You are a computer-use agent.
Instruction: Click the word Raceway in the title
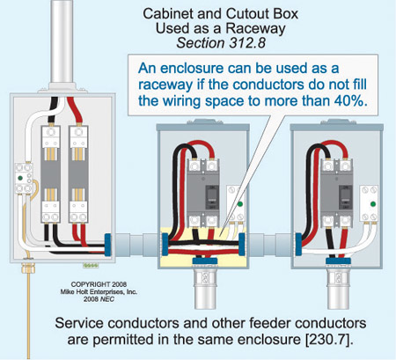(255, 29)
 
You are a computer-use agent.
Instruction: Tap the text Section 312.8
(221, 43)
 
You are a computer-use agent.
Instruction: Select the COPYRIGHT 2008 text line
(99, 284)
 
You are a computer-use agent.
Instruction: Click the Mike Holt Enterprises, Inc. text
(99, 291)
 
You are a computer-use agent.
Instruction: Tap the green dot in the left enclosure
(20, 178)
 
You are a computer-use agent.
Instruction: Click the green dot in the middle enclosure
(240, 204)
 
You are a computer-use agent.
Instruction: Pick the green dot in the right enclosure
(373, 204)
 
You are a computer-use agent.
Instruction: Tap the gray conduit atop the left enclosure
(62, 41)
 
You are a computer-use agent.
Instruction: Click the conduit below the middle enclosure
(204, 290)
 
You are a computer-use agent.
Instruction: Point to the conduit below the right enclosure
(338, 290)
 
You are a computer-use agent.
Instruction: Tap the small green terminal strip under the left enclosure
(91, 266)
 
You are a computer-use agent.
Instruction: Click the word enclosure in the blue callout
(192, 68)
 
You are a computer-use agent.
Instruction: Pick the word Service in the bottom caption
(79, 323)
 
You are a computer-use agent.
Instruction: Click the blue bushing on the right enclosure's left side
(298, 244)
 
